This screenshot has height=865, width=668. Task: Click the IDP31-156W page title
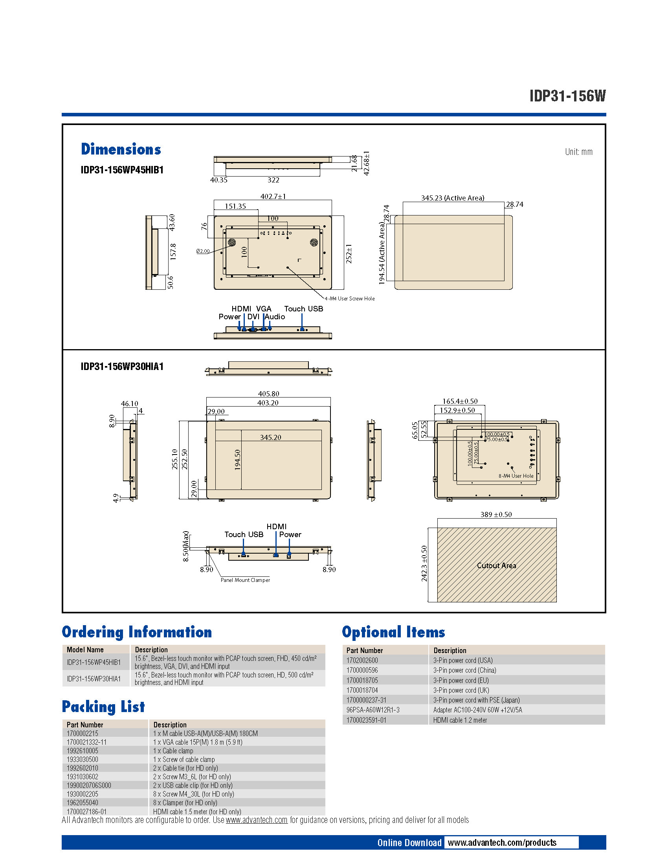pos(567,96)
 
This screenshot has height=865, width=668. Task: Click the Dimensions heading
pos(121,149)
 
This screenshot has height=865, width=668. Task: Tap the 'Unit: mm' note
pos(578,152)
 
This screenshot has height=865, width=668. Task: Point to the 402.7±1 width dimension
pos(273,197)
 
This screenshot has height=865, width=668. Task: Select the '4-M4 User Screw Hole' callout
pos(349,299)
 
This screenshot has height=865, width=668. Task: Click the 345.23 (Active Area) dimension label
pos(452,198)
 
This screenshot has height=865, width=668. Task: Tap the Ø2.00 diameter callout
pos(203,251)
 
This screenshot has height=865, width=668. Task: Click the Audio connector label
pos(275,317)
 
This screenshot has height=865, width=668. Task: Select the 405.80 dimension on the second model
pos(268,394)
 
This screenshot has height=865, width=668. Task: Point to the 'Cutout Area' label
pos(496,565)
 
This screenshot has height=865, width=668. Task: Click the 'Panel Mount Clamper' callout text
pos(245,580)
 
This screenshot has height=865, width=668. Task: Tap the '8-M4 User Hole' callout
pos(516,476)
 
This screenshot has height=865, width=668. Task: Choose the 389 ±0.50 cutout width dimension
pos(496,515)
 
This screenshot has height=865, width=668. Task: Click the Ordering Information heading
pos(137,632)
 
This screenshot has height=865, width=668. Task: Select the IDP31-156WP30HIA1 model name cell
pos(94,679)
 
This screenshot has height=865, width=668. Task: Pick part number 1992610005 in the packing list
pos(82,751)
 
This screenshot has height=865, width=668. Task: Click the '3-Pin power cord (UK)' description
pos(461,690)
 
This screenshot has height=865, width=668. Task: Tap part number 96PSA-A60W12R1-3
pos(373,710)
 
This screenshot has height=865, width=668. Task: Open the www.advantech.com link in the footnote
pos(257,820)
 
